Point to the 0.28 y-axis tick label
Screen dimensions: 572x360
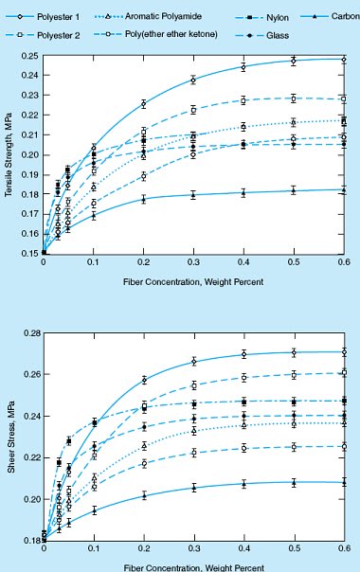27,334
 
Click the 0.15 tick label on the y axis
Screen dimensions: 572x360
27,254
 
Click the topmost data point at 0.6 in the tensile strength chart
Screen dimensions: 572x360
343,60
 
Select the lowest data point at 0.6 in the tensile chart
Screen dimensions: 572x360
343,190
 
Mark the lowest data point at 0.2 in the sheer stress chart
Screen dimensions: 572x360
144,495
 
